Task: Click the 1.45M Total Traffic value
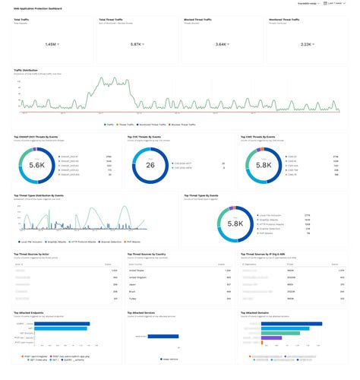click(x=50, y=45)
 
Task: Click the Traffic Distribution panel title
click(x=28, y=70)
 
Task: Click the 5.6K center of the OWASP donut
click(x=37, y=165)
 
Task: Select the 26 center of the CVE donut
click(x=150, y=165)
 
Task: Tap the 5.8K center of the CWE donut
click(x=263, y=165)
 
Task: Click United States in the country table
click(x=137, y=270)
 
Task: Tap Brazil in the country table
click(x=131, y=291)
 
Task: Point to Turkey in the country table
click(x=132, y=299)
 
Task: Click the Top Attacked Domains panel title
click(x=258, y=312)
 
